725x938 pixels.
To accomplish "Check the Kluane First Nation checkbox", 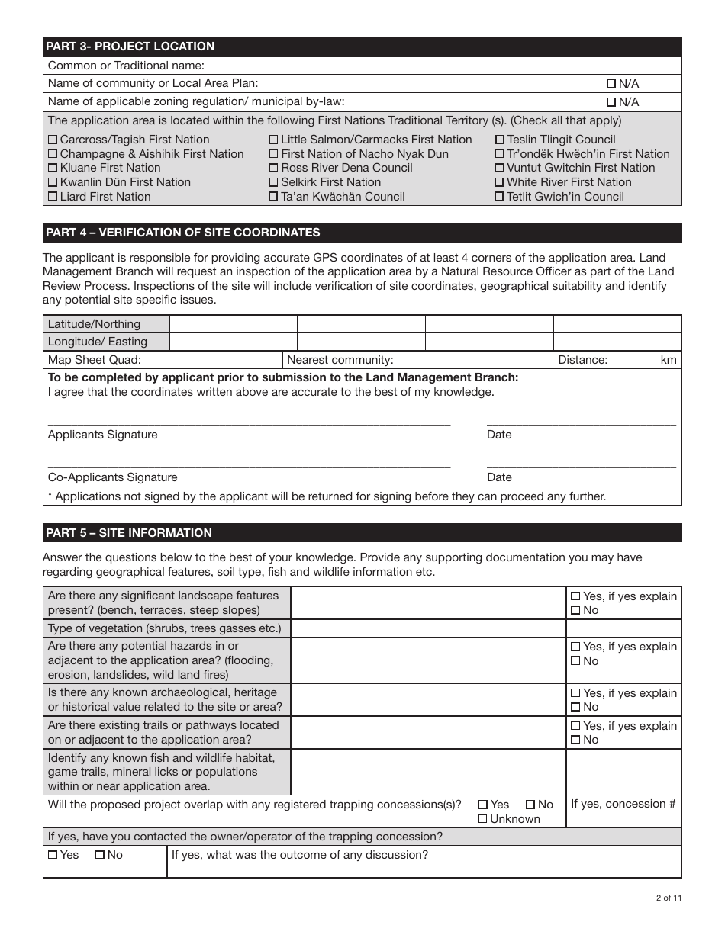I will [x=53, y=169].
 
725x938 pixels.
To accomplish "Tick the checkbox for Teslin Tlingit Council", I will [x=500, y=140].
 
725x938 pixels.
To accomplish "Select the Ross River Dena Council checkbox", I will [x=273, y=169].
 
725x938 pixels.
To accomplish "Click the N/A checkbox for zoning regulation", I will [x=611, y=102].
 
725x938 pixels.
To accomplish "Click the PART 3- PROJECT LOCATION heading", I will [x=130, y=47].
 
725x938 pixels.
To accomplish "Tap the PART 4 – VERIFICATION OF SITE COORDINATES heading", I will [x=183, y=233].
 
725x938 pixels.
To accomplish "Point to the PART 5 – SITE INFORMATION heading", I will [x=129, y=533].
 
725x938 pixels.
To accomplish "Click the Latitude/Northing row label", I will [x=94, y=324].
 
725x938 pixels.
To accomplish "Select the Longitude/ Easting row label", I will [x=98, y=342].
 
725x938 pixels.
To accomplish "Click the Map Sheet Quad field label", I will [x=95, y=360].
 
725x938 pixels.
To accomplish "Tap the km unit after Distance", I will [x=669, y=360].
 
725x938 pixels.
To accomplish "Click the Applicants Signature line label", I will [x=103, y=435].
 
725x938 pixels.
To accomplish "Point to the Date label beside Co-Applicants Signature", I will [x=499, y=477].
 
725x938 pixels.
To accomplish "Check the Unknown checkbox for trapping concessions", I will [x=482, y=819].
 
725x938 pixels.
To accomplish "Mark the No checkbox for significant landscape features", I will [x=575, y=610].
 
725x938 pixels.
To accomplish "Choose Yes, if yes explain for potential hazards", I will [x=575, y=647].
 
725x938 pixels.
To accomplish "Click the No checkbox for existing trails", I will [x=575, y=740].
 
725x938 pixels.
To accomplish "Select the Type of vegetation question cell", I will [x=165, y=628].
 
